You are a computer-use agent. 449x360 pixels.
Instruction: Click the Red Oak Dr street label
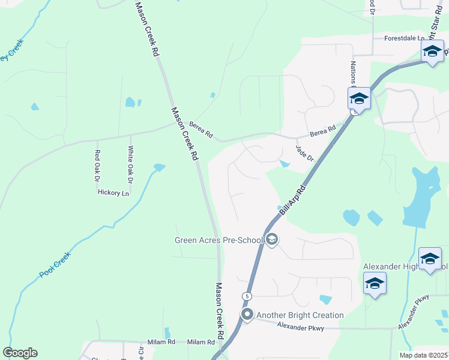pyautogui.click(x=96, y=166)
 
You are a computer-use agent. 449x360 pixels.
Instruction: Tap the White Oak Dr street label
pyautogui.click(x=130, y=165)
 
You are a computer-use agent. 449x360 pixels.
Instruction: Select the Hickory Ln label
pyautogui.click(x=113, y=193)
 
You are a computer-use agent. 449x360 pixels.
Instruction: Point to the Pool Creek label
pyautogui.click(x=55, y=264)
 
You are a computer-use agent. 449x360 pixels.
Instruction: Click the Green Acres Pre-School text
pyautogui.click(x=218, y=241)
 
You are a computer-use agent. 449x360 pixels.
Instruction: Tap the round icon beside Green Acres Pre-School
pyautogui.click(x=271, y=240)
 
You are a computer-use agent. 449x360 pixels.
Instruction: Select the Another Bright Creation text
pyautogui.click(x=300, y=315)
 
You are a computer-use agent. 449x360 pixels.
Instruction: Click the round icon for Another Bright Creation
pyautogui.click(x=247, y=314)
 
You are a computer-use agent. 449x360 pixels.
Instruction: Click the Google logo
pyautogui.click(x=20, y=353)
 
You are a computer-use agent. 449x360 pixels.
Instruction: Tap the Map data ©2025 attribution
pyautogui.click(x=423, y=355)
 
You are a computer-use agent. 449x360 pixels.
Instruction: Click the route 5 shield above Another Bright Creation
pyautogui.click(x=246, y=296)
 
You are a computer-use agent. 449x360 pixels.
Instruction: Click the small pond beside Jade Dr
pyautogui.click(x=285, y=164)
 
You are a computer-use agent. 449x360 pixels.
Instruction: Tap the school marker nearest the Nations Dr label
pyautogui.click(x=359, y=98)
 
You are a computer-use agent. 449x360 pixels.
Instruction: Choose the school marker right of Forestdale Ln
pyautogui.click(x=432, y=51)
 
